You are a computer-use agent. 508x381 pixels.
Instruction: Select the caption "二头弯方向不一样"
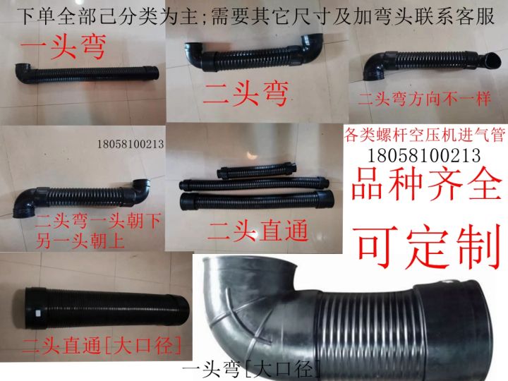(x=424, y=99)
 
